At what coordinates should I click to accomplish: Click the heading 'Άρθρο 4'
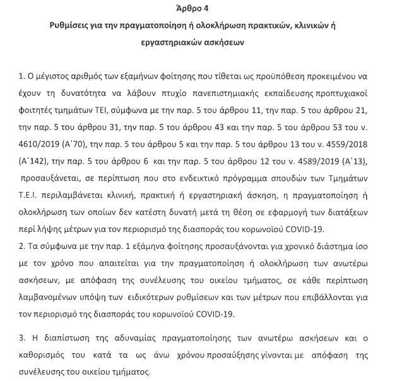198,9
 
